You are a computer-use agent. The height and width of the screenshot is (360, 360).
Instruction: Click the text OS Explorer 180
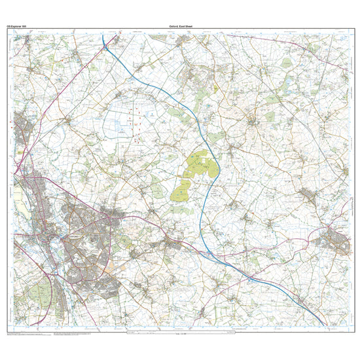coord(18,26)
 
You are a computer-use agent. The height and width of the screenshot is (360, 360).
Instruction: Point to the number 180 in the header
coord(25,26)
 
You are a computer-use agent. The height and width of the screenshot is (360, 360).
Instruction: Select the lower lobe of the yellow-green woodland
coord(181,192)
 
